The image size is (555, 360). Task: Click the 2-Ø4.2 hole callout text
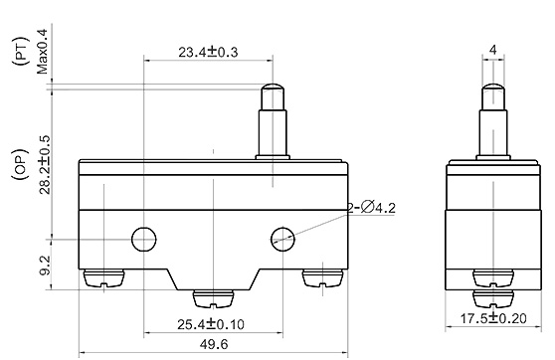pyautogui.click(x=373, y=207)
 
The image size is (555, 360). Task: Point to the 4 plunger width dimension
pyautogui.click(x=494, y=48)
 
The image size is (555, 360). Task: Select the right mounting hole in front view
pyautogui.click(x=283, y=238)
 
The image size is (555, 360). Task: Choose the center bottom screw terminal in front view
pyautogui.click(x=214, y=297)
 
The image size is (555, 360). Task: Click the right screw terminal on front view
pyautogui.click(x=322, y=278)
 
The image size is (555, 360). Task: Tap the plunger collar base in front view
pyautogui.click(x=270, y=155)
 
